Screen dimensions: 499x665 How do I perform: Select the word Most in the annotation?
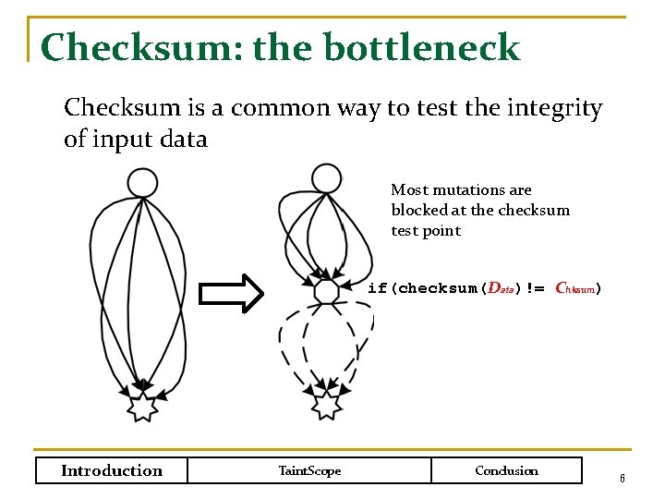[x=409, y=189]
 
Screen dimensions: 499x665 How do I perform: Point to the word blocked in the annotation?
[x=417, y=210]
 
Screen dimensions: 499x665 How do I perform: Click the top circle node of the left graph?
[x=142, y=182]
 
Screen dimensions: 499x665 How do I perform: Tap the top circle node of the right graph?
[x=326, y=178]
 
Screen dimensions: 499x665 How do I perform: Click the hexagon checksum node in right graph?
[x=326, y=292]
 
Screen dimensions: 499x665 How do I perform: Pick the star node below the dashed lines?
[x=326, y=405]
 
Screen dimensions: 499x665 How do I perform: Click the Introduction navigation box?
[x=112, y=470]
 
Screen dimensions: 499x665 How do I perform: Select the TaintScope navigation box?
[x=309, y=470]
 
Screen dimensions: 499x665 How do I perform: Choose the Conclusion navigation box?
[x=506, y=470]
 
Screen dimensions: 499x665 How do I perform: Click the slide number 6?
[x=623, y=479]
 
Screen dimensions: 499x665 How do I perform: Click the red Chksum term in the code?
[x=574, y=288]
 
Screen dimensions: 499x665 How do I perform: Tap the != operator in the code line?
[x=536, y=288]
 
